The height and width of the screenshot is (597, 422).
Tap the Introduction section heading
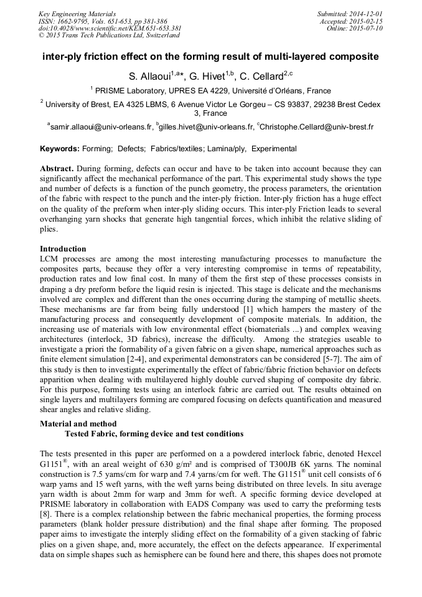pyautogui.click(x=63, y=248)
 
